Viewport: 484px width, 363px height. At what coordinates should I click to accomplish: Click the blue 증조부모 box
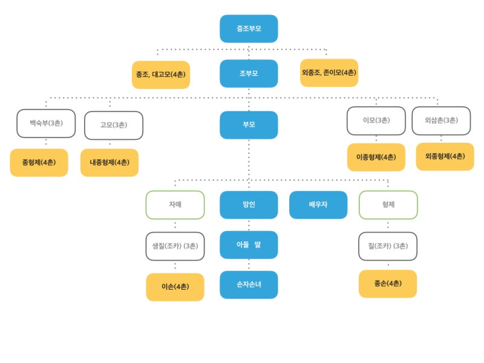[249, 28]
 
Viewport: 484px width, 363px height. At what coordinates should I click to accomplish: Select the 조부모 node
[249, 73]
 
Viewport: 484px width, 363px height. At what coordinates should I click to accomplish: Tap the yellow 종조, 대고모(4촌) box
[161, 74]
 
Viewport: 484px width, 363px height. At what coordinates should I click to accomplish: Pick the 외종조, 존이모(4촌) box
[329, 73]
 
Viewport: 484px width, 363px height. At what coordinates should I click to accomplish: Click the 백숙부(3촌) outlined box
[46, 123]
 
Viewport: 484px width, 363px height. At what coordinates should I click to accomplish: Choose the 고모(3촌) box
[114, 125]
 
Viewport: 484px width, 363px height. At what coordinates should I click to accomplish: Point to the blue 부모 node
[249, 125]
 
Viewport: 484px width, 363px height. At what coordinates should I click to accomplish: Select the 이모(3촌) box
[376, 120]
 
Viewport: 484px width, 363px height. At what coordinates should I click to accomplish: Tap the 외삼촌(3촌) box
[442, 120]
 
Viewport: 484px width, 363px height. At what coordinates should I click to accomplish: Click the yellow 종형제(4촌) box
[39, 163]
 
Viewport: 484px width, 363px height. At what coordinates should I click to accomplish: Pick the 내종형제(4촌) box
[110, 163]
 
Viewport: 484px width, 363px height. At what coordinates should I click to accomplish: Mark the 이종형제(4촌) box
[376, 157]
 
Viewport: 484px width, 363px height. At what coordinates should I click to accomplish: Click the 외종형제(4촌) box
[445, 157]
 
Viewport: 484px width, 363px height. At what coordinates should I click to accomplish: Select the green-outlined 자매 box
[175, 205]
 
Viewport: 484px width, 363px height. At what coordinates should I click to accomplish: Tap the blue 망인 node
[249, 205]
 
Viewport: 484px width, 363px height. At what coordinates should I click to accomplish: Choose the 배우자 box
[318, 205]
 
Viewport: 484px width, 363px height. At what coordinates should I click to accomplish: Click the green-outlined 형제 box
[388, 205]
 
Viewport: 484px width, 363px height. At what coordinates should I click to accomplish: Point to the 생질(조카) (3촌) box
[175, 246]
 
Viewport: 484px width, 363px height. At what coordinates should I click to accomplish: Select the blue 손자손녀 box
[249, 284]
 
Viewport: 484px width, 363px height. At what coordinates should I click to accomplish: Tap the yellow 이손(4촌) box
[175, 287]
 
